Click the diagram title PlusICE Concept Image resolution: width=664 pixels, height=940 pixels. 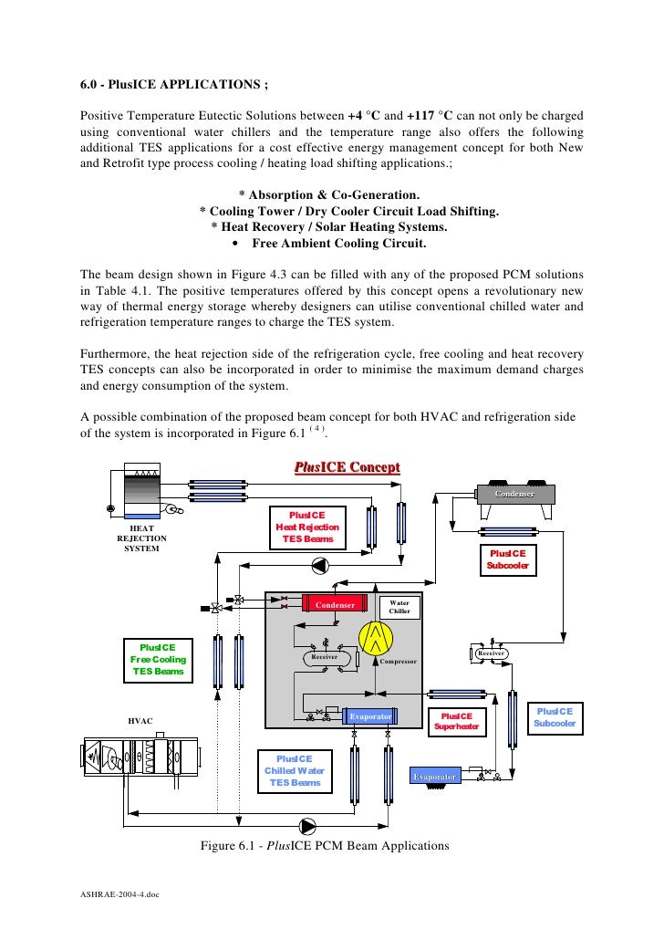pyautogui.click(x=347, y=468)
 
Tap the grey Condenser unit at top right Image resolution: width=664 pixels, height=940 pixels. pyautogui.click(x=514, y=494)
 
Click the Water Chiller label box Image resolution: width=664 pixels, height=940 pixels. pyautogui.click(x=399, y=606)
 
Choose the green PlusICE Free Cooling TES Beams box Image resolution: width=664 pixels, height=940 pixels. pyautogui.click(x=159, y=659)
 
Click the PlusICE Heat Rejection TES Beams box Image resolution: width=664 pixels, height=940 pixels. pyautogui.click(x=307, y=527)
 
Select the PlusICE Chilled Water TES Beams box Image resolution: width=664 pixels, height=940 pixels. pyautogui.click(x=294, y=770)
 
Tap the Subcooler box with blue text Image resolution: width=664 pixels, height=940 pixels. pyautogui.click(x=555, y=717)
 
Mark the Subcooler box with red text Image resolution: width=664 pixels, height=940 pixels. pyautogui.click(x=508, y=559)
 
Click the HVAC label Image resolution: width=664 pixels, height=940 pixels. pyautogui.click(x=140, y=721)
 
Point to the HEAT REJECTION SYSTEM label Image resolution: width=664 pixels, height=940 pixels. pyautogui.click(x=141, y=538)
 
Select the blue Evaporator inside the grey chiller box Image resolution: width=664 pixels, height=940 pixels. pyautogui.click(x=371, y=716)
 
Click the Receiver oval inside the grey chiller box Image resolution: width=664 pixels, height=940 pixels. pyautogui.click(x=325, y=656)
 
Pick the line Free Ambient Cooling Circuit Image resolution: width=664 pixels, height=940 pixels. pyautogui.click(x=337, y=244)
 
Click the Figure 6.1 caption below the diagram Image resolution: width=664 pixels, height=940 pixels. pyautogui.click(x=325, y=845)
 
